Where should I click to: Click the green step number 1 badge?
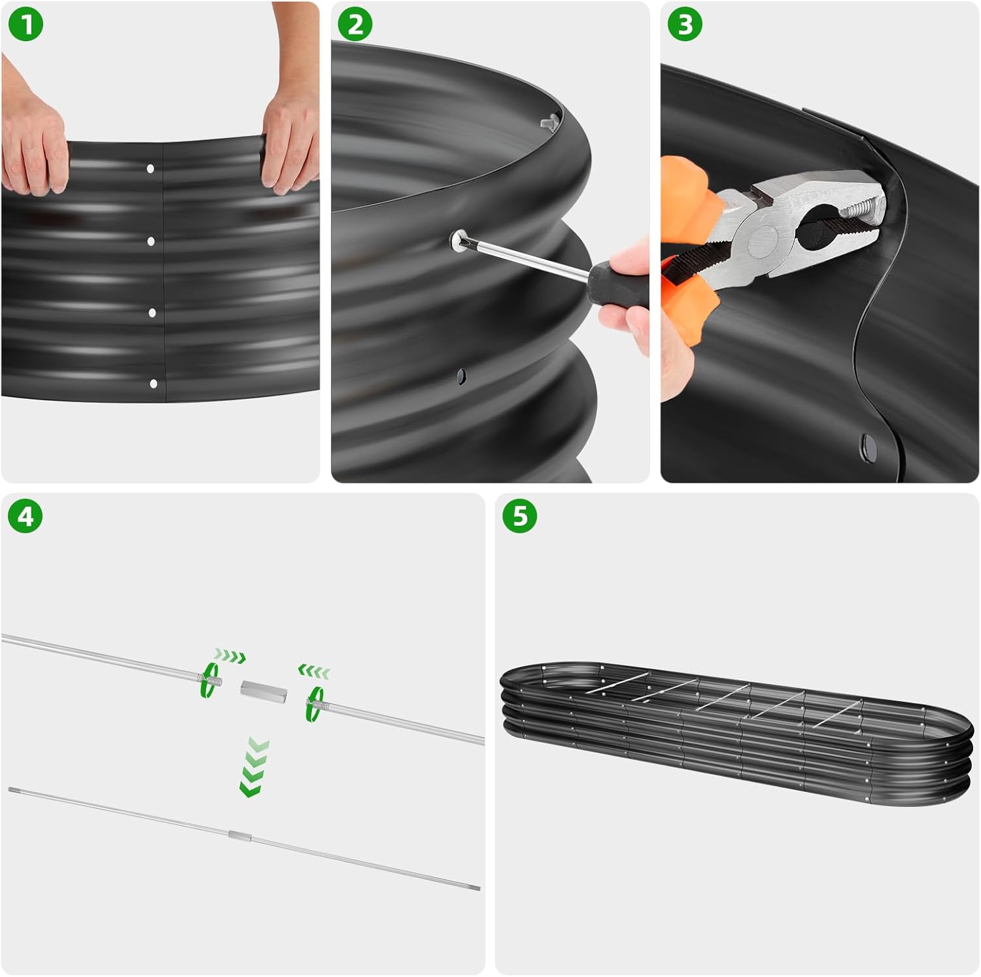(x=27, y=26)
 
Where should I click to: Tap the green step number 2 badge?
(x=355, y=26)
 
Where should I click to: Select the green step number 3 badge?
(x=685, y=26)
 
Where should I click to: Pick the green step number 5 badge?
(x=519, y=516)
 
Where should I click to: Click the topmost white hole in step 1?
(x=150, y=169)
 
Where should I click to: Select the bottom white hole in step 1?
(x=154, y=384)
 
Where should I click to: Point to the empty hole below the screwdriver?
(x=461, y=375)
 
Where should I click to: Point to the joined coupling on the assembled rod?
(x=240, y=835)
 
